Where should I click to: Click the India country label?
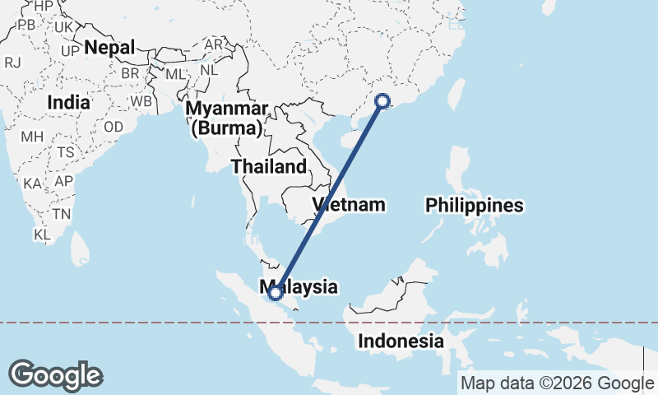(68, 103)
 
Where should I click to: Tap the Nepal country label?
(109, 48)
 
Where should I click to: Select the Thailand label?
(268, 167)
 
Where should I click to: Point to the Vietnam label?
(349, 205)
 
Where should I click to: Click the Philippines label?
(475, 206)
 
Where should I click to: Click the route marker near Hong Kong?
(382, 101)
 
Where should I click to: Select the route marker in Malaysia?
(275, 291)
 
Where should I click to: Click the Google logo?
(55, 375)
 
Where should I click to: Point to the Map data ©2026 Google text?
(557, 383)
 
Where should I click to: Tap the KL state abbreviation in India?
(43, 235)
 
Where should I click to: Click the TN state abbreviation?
(61, 214)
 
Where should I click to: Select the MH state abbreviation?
(32, 137)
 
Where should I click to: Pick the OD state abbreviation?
(114, 127)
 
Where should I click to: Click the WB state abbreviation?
(141, 101)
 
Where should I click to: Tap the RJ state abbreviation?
(12, 63)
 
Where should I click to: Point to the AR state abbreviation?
(213, 44)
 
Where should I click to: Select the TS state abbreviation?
(66, 153)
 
